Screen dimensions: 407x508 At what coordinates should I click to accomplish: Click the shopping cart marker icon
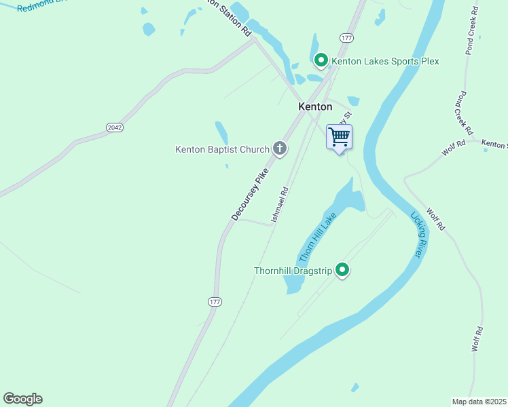(339, 137)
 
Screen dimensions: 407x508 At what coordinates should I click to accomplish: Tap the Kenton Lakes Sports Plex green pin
(321, 61)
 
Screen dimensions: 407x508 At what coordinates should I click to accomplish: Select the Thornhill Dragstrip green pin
(343, 271)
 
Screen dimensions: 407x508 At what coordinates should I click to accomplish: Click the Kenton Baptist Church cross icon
(279, 149)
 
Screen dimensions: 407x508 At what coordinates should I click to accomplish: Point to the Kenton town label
(316, 106)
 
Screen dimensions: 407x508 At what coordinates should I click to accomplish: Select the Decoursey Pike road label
(250, 194)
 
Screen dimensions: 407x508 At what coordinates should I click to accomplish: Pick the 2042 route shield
(115, 128)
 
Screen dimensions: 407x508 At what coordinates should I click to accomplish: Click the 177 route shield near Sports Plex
(346, 37)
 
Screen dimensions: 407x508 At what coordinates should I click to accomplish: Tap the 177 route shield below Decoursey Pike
(215, 301)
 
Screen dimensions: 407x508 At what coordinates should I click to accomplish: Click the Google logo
(22, 399)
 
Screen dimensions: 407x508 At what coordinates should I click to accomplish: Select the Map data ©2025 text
(479, 402)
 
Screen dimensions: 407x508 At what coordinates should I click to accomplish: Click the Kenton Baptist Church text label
(222, 149)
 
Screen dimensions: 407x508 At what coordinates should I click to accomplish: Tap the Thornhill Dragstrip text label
(293, 271)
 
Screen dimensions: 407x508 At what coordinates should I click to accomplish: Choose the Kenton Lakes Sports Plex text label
(385, 61)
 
